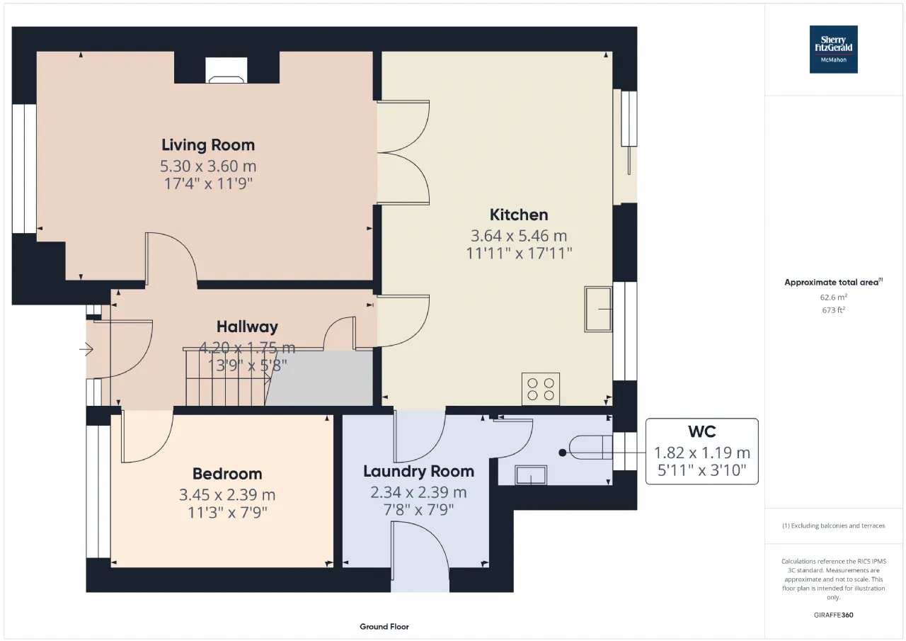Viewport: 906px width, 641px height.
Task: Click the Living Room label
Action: pos(208,145)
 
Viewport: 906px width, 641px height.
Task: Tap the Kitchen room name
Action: pos(519,215)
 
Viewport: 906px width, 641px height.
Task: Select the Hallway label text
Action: pos(247,327)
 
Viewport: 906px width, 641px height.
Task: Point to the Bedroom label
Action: pos(227,474)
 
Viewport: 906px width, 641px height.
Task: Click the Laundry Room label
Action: pos(418,472)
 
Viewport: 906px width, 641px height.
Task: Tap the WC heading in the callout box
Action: pos(701,432)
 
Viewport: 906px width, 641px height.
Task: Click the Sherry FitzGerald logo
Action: pos(833,50)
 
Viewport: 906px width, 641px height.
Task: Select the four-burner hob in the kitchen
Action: pos(541,389)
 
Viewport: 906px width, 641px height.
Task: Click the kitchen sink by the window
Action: pos(598,310)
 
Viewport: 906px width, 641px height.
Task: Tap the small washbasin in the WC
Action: pos(531,475)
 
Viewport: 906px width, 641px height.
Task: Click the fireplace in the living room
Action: pos(226,70)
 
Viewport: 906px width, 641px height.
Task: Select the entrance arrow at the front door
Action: pos(86,348)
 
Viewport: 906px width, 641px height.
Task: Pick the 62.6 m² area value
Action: pos(833,297)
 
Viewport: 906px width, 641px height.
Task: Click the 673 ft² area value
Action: pos(833,310)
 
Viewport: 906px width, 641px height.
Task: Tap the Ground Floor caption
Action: pos(384,626)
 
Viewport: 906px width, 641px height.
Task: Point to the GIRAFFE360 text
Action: pos(833,615)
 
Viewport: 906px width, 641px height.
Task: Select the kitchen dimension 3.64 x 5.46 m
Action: pos(519,236)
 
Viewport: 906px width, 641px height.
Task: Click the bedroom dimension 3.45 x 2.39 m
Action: pos(227,494)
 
